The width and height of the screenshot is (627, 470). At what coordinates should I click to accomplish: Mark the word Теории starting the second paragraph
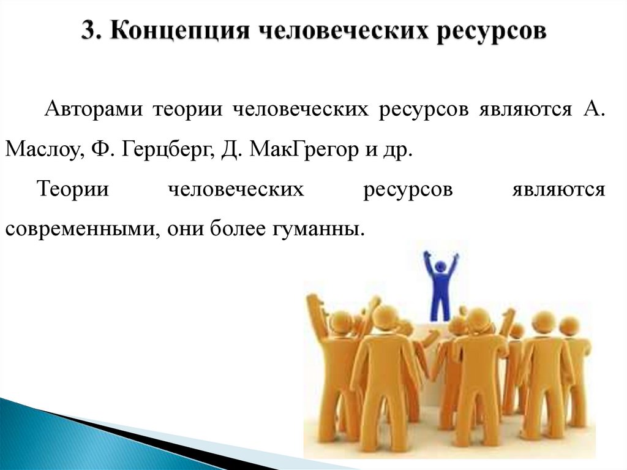tap(73, 190)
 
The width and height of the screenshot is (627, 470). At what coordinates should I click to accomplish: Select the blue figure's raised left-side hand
tap(427, 255)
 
